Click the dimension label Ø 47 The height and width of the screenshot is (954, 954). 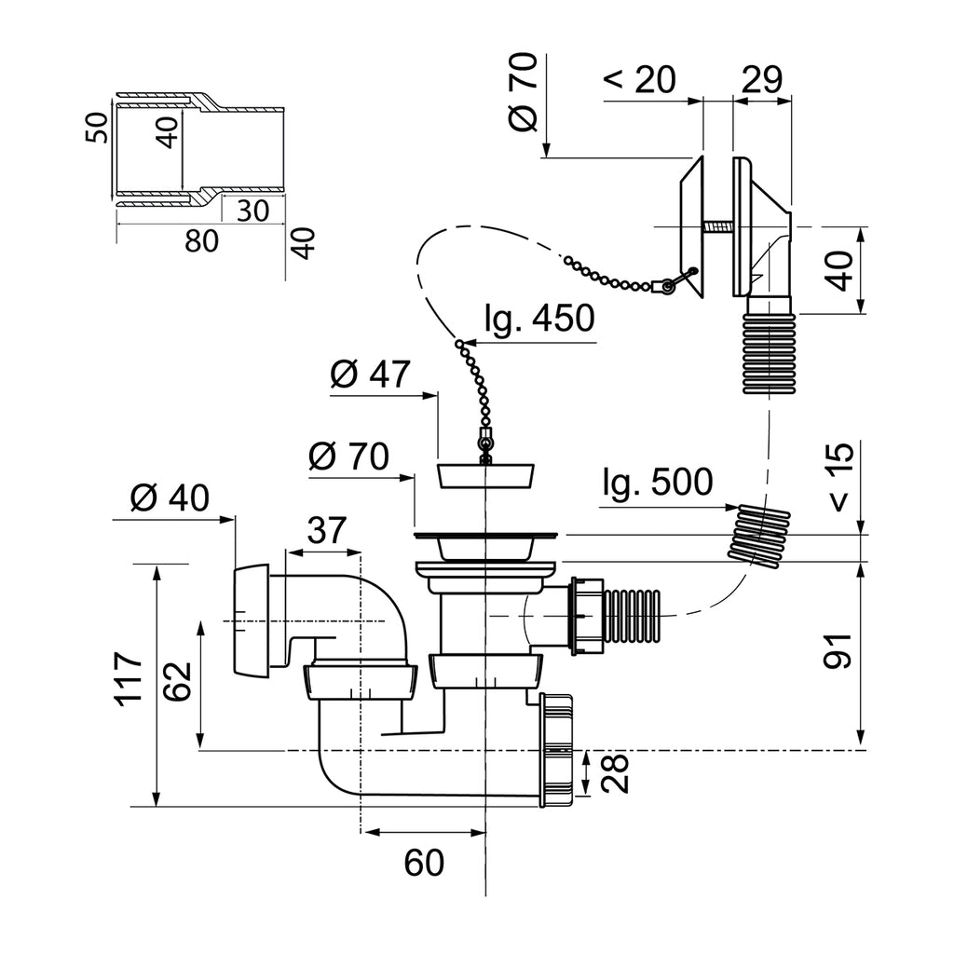(370, 375)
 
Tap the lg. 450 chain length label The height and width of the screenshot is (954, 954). (538, 320)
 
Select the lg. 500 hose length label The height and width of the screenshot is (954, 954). (657, 484)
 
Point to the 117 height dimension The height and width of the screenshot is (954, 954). (128, 676)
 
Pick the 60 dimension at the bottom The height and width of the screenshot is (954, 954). (424, 864)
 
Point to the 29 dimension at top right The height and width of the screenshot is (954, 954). (761, 79)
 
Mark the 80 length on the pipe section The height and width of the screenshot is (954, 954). (201, 240)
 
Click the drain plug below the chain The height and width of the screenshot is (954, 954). (484, 475)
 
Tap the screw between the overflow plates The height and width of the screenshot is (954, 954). (717, 227)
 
